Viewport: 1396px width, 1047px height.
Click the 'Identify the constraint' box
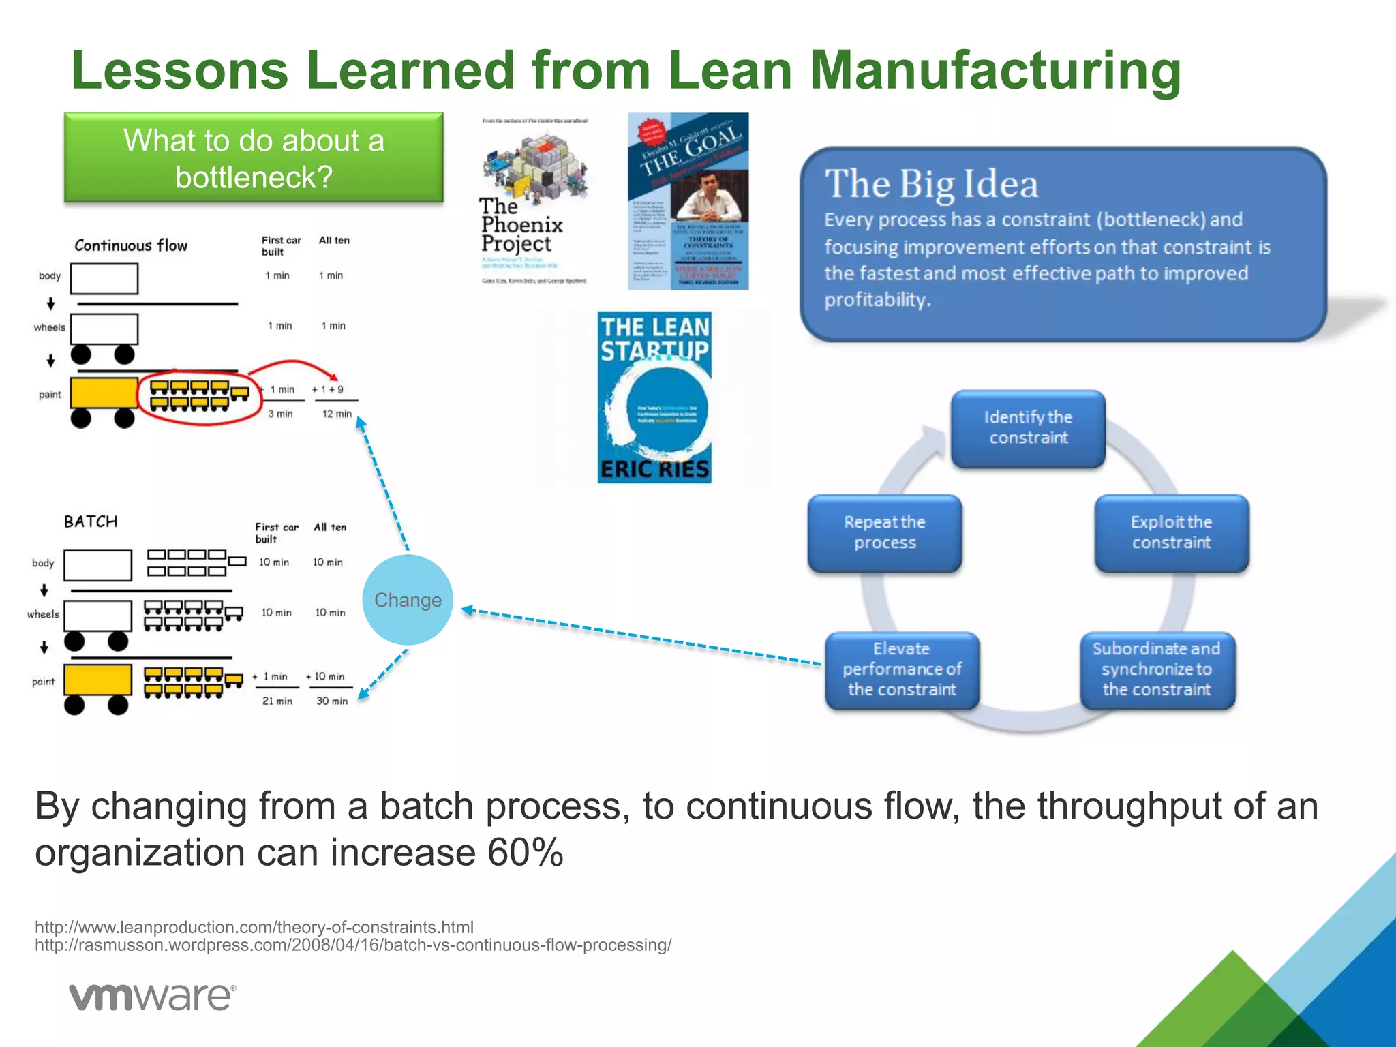[x=1028, y=428]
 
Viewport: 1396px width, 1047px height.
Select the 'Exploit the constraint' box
[x=1171, y=532]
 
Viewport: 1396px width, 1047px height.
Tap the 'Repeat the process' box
[x=884, y=532]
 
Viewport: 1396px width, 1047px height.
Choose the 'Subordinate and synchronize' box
[x=1157, y=669]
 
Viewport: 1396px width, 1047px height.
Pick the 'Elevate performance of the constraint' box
[x=902, y=669]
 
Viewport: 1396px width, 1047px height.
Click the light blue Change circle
[x=408, y=600]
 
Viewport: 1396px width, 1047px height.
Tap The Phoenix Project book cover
[x=534, y=202]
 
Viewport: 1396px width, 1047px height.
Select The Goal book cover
[x=688, y=202]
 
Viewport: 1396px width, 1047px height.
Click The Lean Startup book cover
[x=654, y=397]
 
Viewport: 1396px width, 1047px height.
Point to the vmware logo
[x=153, y=997]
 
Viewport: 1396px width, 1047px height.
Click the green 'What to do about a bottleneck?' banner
[x=254, y=158]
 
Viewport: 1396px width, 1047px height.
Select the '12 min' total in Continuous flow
[x=337, y=414]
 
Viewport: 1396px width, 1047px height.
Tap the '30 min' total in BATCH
[x=332, y=701]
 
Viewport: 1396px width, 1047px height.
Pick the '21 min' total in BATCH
[x=277, y=701]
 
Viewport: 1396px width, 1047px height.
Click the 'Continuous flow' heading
[x=131, y=245]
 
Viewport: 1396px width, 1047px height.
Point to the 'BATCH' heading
[x=91, y=521]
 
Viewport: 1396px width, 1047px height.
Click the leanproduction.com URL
[x=254, y=927]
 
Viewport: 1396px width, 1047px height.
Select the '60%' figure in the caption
[x=526, y=852]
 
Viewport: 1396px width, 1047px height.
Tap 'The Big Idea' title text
[x=931, y=184]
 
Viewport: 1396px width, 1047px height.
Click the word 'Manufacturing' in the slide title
[x=995, y=70]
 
